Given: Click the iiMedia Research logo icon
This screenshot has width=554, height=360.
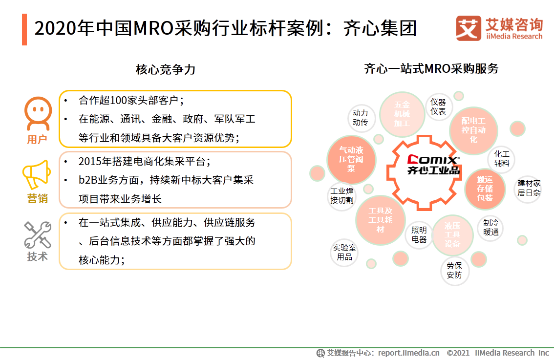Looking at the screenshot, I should (469, 29).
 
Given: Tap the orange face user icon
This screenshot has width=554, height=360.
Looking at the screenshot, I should (38, 113).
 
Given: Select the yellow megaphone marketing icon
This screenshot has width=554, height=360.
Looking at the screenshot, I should (37, 174).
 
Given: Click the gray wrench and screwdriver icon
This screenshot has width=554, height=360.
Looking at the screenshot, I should (38, 235).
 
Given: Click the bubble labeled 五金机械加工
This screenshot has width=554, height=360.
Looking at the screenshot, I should (402, 114).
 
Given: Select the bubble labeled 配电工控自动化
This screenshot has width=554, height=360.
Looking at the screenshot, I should (473, 130).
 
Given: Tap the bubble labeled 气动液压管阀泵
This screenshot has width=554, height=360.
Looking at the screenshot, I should (351, 159).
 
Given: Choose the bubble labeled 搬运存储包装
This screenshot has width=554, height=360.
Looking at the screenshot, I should (485, 189).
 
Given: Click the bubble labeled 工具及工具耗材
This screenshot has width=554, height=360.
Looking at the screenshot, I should (381, 220).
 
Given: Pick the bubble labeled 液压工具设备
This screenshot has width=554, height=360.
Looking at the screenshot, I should (452, 235).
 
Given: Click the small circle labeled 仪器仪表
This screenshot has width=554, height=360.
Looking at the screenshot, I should (438, 107).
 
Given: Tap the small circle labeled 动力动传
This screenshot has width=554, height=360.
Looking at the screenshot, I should (360, 118).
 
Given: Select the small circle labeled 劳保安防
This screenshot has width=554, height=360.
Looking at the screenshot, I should (454, 270).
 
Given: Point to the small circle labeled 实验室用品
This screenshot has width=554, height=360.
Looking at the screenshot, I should (344, 252).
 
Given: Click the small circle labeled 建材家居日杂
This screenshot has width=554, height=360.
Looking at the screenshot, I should (529, 188).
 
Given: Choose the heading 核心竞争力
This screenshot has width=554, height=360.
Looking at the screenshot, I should (165, 69).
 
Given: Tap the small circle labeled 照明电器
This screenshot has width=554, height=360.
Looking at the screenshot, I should (419, 234).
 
